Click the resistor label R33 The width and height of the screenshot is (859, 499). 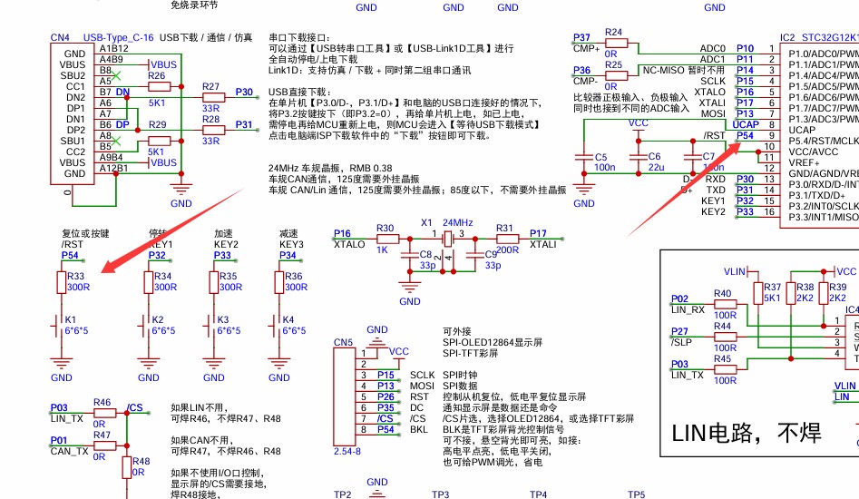coord(75,276)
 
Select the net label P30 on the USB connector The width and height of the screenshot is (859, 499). coord(244,92)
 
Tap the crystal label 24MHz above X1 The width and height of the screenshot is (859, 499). coord(457,222)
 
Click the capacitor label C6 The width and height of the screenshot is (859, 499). coord(654,156)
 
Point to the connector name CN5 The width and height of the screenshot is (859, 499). coord(343,342)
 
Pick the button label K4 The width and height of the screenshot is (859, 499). coord(288,319)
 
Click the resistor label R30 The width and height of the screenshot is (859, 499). coord(385,228)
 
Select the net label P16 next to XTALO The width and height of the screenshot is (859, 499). coord(343,233)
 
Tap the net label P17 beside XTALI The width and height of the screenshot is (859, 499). coord(538,233)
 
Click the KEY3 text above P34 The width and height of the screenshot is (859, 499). coord(291,244)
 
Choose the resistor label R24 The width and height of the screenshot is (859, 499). coord(614,32)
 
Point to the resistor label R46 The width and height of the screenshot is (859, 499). coord(102,402)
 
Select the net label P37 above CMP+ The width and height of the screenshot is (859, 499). coord(581,37)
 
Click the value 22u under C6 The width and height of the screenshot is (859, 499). coord(656,168)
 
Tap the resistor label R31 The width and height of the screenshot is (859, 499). coord(504,228)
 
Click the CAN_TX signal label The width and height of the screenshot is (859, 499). coord(69,451)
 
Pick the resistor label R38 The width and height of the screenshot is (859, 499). coord(779,287)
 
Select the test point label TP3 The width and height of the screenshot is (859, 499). coord(440,494)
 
